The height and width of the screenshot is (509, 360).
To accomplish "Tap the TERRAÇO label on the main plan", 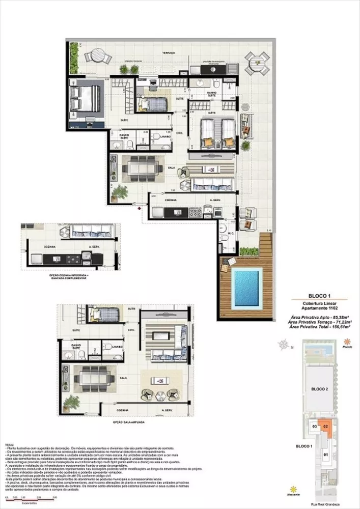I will pos(169,53).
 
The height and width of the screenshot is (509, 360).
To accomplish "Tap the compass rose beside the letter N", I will pos(283,347).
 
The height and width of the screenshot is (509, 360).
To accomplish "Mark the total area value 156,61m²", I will pos(338,327).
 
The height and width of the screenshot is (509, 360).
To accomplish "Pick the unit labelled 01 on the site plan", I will pos(326,454).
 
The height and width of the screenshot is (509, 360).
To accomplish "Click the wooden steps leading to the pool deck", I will pos(265,244).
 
